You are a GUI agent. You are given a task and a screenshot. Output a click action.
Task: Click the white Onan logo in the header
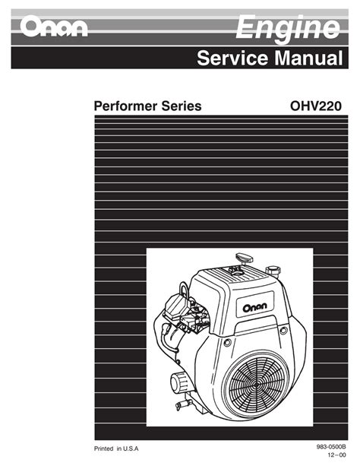point(54,27)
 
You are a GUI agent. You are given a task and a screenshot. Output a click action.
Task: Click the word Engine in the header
point(288,27)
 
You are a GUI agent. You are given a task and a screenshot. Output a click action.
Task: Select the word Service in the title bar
point(232,58)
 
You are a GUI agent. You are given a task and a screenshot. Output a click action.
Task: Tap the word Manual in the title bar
point(308,58)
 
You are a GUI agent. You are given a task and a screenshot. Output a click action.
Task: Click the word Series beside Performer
point(182,106)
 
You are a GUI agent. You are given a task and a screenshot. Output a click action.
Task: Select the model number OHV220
point(316,106)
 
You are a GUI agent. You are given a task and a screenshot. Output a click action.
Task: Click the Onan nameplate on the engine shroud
point(255,306)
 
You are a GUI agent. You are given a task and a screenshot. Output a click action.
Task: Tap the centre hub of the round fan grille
point(257,384)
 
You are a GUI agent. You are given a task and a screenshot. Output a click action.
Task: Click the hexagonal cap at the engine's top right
point(272,271)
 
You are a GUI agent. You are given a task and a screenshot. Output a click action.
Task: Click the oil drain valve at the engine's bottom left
point(183,404)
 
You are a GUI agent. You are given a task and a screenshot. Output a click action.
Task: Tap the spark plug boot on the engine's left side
point(166,329)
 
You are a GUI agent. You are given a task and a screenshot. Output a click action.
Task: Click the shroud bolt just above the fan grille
point(228,343)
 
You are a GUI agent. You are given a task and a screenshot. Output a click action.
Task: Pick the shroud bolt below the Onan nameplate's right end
point(283,330)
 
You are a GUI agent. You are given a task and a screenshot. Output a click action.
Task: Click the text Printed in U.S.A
point(116,449)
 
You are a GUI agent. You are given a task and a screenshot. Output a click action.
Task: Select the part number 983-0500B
point(331,446)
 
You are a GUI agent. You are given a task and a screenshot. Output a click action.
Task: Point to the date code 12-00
point(336,455)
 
